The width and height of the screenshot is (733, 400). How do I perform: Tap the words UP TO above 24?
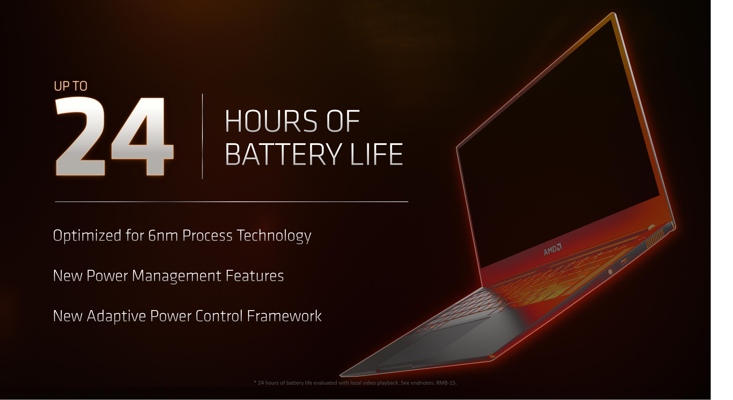click(70, 86)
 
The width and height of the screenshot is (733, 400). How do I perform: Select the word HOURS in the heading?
click(271, 121)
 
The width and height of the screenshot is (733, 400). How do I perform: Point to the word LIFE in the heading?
click(377, 154)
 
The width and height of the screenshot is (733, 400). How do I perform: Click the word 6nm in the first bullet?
click(163, 236)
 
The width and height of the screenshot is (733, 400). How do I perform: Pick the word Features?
click(255, 276)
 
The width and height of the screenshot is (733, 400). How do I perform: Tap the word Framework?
click(284, 316)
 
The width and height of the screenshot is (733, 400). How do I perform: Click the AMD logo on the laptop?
click(553, 249)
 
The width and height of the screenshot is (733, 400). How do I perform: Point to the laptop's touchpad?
click(432, 343)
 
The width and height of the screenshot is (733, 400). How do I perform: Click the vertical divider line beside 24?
click(202, 136)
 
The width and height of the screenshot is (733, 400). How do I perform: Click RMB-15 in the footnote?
click(446, 383)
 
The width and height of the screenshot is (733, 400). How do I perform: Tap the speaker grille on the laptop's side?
click(655, 238)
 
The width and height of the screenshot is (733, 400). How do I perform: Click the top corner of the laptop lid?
click(613, 13)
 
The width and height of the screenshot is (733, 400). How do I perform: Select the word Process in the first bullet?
click(207, 236)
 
